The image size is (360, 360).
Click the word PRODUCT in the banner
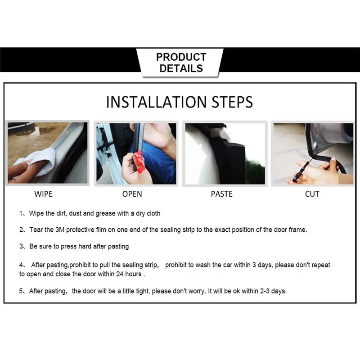tap(181, 57)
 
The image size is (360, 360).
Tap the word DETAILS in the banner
tap(181, 68)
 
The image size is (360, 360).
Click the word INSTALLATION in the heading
tap(156, 102)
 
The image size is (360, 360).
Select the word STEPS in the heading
tap(232, 102)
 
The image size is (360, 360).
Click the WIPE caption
tap(43, 194)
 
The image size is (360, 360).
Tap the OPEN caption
tap(132, 194)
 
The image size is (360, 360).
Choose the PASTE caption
tap(221, 194)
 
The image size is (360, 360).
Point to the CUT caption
tap(312, 194)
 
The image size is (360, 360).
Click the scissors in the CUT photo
tap(301, 170)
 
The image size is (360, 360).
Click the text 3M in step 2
tap(60, 229)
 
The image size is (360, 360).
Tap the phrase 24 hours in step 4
tap(129, 274)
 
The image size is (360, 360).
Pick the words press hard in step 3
tap(76, 246)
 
